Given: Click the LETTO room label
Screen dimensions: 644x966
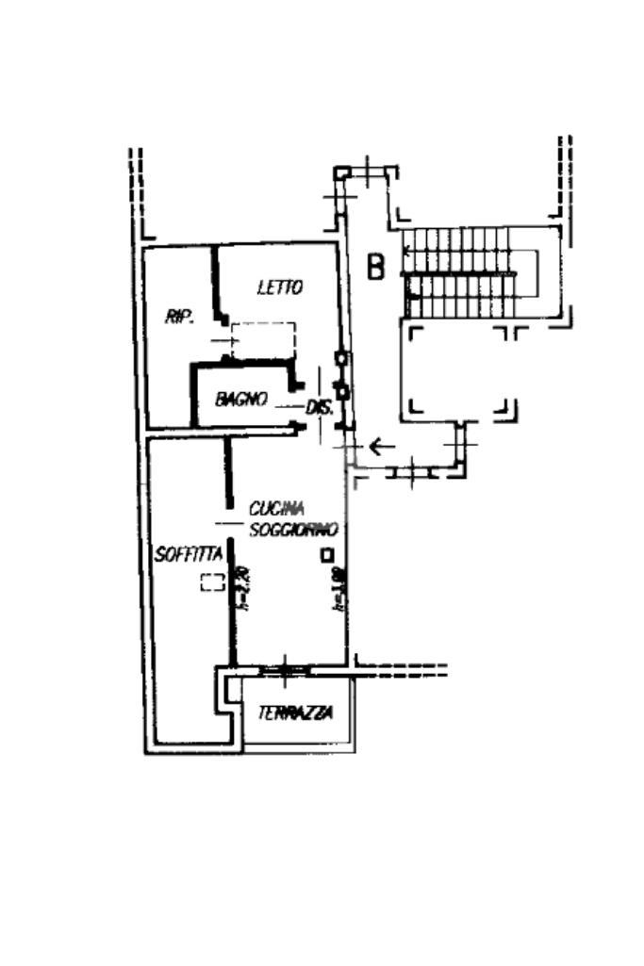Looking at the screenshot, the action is click(x=280, y=287).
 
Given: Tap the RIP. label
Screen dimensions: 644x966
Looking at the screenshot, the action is click(x=179, y=317).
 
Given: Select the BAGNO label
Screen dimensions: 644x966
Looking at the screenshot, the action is click(x=241, y=399).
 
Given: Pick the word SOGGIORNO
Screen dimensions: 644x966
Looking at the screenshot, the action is click(x=293, y=530).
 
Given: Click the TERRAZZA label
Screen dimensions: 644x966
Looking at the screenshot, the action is click(x=295, y=713).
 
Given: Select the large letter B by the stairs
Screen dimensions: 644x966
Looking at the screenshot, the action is click(x=376, y=268).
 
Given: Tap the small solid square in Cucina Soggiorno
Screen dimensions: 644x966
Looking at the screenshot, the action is click(x=326, y=555).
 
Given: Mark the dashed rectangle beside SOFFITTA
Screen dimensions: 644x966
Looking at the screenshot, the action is click(x=212, y=582).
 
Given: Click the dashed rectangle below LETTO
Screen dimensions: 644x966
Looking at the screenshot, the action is click(x=264, y=339).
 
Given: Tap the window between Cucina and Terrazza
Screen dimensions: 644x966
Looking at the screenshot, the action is click(x=284, y=670).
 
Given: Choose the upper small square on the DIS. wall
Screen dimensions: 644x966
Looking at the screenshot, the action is click(x=342, y=359).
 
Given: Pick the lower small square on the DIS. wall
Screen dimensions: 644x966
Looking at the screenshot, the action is click(x=343, y=389).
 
